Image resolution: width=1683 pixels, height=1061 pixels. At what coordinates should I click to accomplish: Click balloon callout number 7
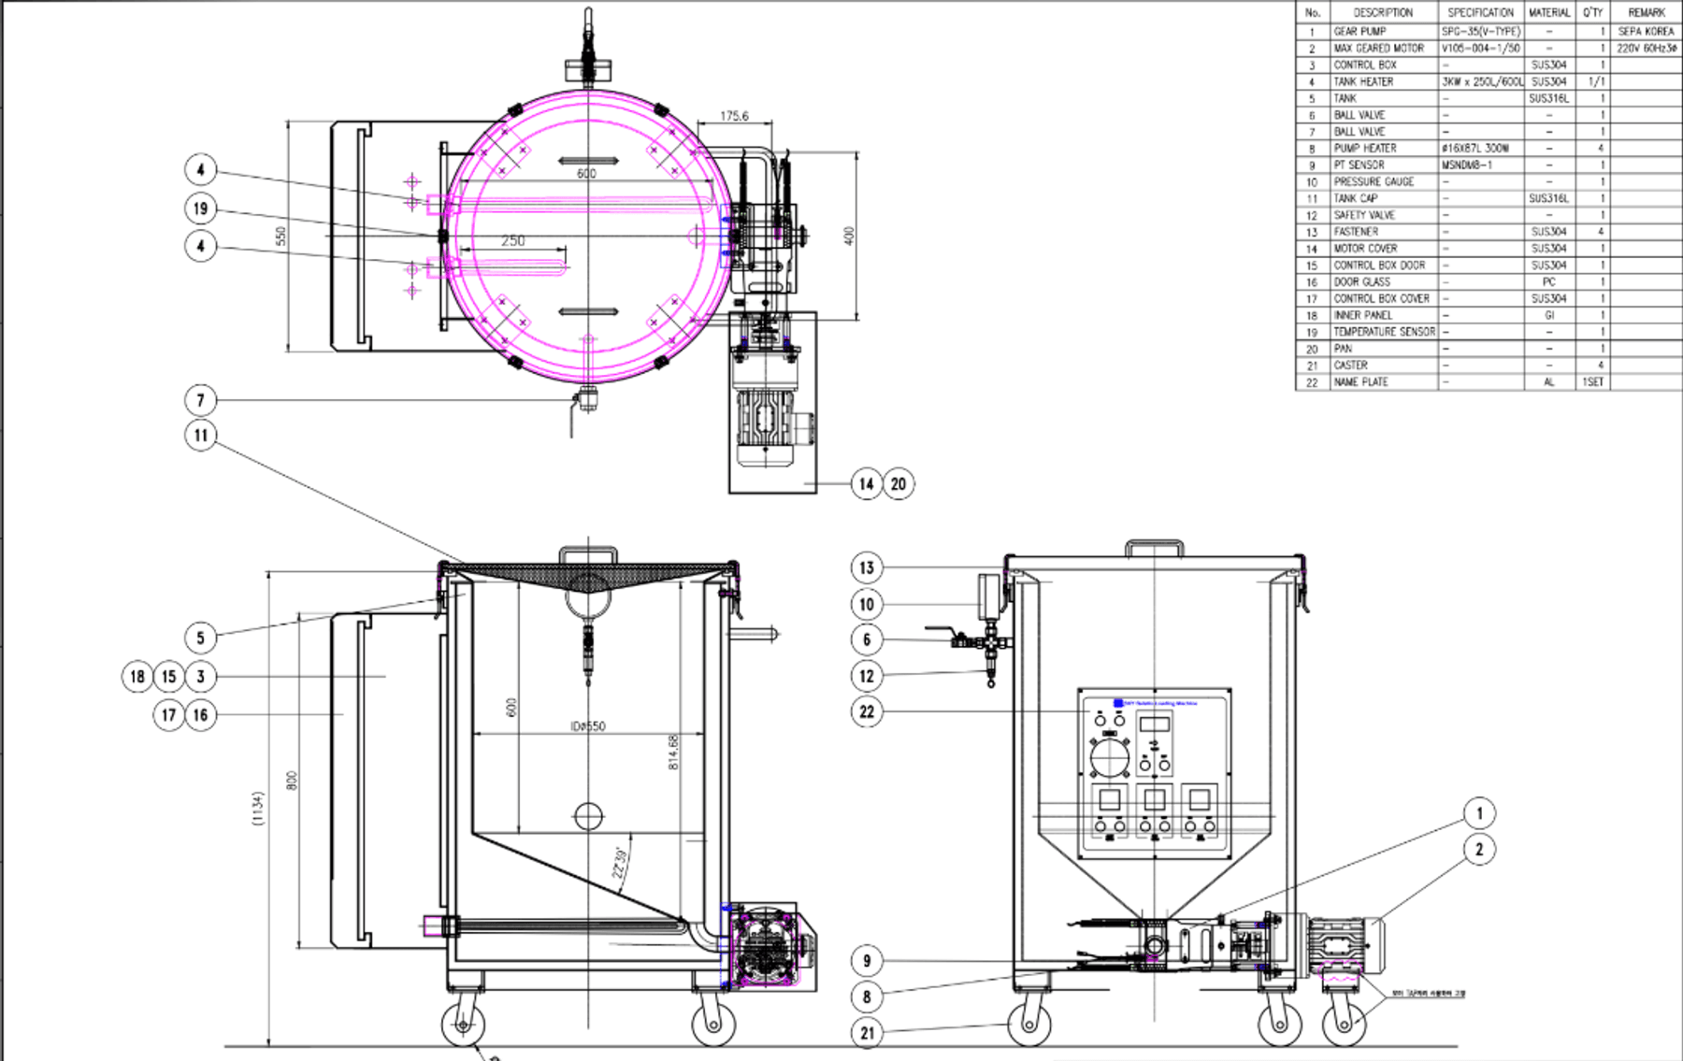click(200, 400)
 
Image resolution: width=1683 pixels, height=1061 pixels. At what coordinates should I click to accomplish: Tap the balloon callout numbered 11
click(200, 435)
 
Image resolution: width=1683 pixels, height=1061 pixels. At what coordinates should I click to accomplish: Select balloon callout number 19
click(200, 208)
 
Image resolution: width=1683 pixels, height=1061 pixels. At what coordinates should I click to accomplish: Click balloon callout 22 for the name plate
click(867, 711)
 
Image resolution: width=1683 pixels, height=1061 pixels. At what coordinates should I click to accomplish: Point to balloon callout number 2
click(1479, 850)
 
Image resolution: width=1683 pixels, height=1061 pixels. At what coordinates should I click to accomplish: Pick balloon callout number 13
click(867, 567)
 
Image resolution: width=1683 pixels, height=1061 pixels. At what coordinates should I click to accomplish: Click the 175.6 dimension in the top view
click(734, 117)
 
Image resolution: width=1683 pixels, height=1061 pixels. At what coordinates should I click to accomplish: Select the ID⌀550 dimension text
click(588, 726)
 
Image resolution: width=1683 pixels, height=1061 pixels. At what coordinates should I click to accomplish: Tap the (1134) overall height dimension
click(257, 809)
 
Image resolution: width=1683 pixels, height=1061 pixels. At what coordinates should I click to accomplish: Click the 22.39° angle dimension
click(619, 863)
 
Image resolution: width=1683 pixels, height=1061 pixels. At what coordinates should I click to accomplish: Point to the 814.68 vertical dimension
click(673, 753)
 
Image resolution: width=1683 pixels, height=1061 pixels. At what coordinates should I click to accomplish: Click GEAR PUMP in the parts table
click(1360, 31)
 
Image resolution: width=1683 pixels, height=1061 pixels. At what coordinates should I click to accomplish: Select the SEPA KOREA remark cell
click(1646, 31)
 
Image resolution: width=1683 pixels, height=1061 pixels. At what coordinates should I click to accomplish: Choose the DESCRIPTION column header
click(1383, 12)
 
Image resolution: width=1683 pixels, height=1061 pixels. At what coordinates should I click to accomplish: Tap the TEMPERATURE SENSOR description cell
click(1384, 332)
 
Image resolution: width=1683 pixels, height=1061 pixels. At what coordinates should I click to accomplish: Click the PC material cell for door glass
click(1548, 281)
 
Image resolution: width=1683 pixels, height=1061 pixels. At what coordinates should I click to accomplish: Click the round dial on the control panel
click(1110, 757)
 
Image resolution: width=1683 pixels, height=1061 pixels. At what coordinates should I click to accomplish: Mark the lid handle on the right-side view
click(1154, 547)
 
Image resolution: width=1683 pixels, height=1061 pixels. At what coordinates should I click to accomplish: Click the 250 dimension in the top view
click(512, 241)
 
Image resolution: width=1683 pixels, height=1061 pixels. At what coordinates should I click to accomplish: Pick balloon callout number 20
click(899, 483)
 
